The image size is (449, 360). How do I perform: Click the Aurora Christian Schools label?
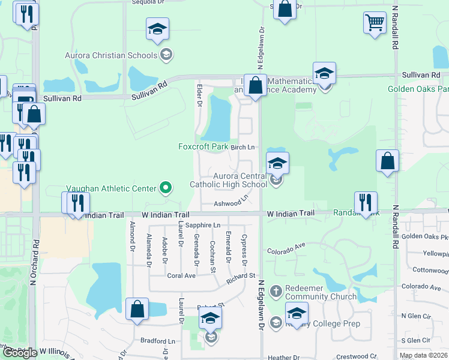coord(111,56)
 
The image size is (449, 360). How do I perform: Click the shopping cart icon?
coord(375,23)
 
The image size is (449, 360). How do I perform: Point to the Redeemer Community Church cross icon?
coord(276,290)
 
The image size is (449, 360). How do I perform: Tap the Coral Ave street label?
coord(181,276)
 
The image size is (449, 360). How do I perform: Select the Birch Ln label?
coord(243,147)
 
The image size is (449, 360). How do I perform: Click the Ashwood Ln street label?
coord(231,202)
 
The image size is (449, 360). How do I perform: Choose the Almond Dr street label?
coord(132,236)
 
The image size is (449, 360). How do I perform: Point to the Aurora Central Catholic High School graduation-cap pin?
coord(277,163)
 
